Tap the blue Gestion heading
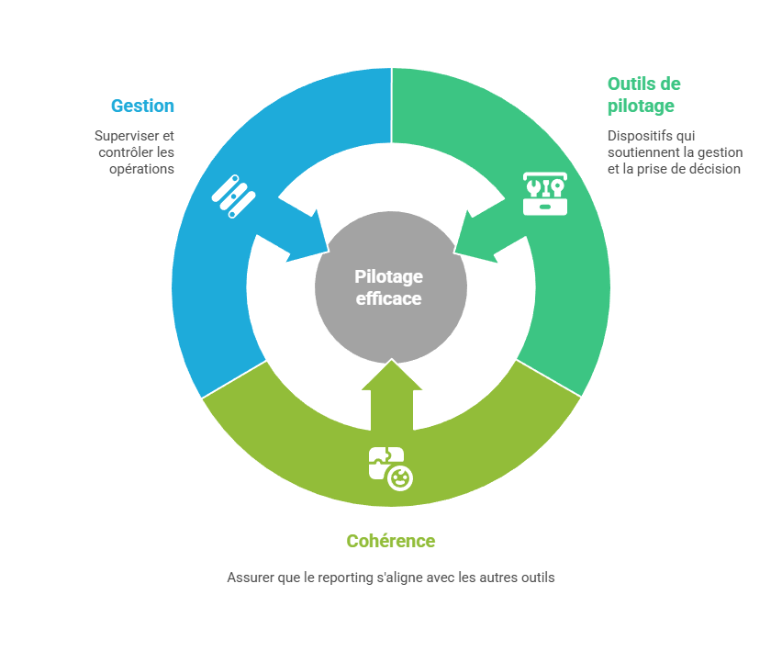pyautogui.click(x=142, y=106)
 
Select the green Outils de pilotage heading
pyautogui.click(x=642, y=95)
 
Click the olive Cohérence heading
pyautogui.click(x=390, y=541)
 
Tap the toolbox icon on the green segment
pyautogui.click(x=545, y=192)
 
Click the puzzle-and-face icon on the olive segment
pyautogui.click(x=390, y=467)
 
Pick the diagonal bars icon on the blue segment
pyautogui.click(x=233, y=195)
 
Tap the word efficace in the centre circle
pyautogui.click(x=389, y=298)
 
